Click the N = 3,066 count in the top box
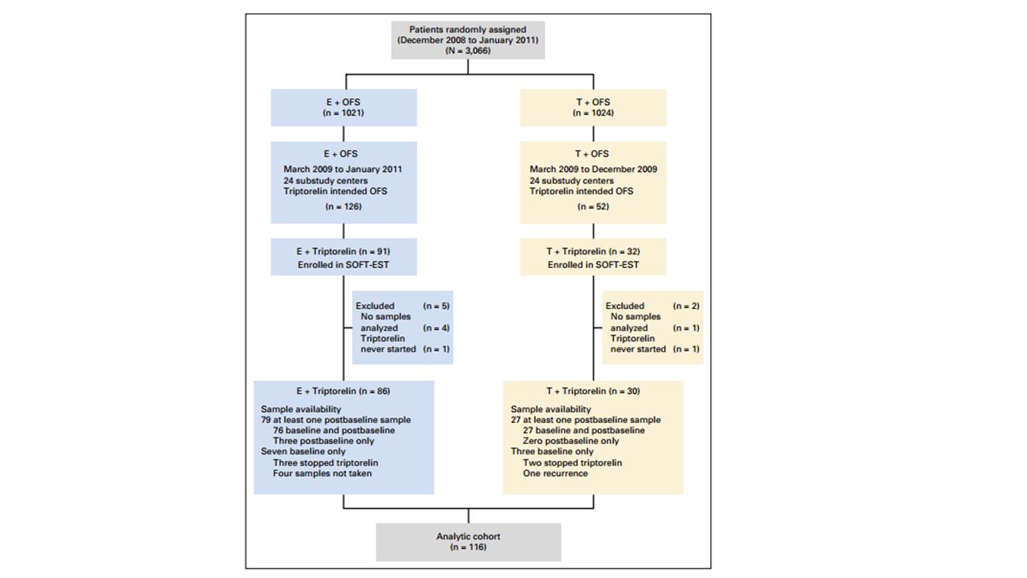pos(468,51)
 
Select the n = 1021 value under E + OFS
pos(343,113)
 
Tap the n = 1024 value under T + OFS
pos(593,113)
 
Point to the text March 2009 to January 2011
pos(343,169)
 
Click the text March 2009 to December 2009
pos(593,169)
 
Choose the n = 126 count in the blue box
pos(343,207)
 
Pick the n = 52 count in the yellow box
pos(593,207)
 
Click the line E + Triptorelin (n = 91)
pos(343,251)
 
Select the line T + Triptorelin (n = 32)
pos(593,251)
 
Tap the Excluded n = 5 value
pos(436,306)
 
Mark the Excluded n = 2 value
pos(686,306)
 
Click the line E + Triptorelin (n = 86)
pos(343,391)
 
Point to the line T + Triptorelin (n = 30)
pos(593,391)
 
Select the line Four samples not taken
pos(323,474)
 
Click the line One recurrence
pos(555,474)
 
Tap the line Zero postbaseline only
pos(570,442)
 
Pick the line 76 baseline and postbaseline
pos(334,431)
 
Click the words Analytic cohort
pos(468,536)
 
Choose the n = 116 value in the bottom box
pos(468,547)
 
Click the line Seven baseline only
pos(303,452)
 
